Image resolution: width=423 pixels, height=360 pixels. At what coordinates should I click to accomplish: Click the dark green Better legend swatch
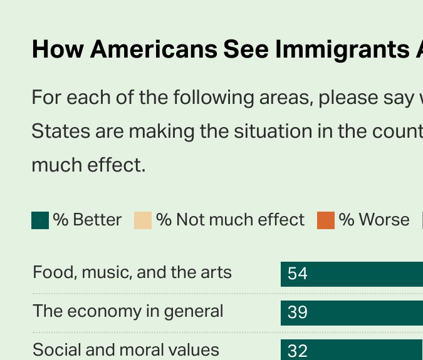pos(40,220)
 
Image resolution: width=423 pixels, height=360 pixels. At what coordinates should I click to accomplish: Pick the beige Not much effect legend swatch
pos(143,220)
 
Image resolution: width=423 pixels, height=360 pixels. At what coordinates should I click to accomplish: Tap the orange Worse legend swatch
pos(326,220)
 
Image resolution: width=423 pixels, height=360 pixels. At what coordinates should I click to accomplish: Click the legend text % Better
pos(87,220)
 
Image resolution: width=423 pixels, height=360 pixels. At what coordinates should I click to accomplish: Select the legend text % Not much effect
pos(230,220)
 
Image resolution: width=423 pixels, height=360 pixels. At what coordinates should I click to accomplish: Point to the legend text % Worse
pos(374,220)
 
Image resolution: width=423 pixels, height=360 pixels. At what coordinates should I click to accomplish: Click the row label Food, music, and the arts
pos(132,273)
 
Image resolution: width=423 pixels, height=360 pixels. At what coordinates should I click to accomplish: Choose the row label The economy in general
pos(128,311)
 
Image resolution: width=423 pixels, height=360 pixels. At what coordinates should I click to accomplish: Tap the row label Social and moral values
pos(126,349)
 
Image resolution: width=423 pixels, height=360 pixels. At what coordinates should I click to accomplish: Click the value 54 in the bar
pos(298,274)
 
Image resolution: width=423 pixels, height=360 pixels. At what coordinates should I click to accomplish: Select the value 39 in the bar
pos(298,312)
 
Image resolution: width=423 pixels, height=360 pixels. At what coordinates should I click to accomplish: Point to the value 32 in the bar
pos(298,351)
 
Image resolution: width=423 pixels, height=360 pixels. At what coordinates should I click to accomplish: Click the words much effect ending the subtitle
pos(88,165)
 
